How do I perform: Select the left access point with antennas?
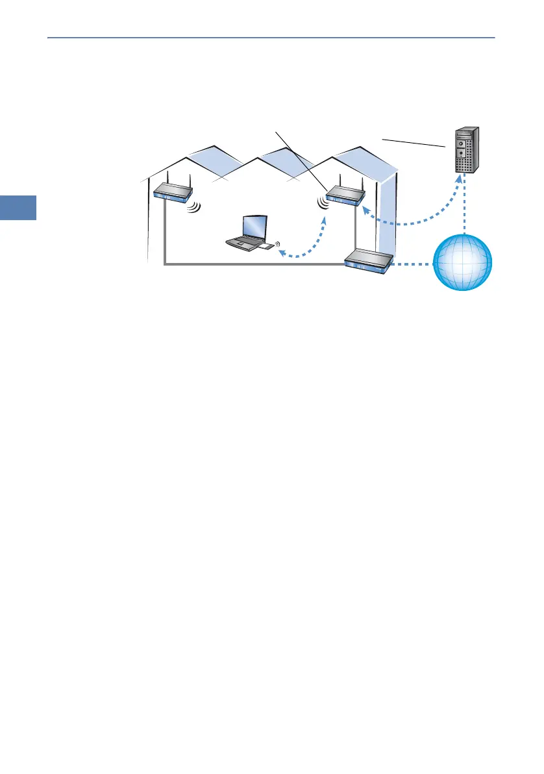click(x=173, y=192)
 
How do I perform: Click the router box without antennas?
click(x=369, y=261)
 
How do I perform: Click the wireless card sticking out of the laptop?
click(x=267, y=247)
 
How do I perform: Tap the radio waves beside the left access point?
click(x=195, y=207)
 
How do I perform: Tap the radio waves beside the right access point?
click(x=322, y=203)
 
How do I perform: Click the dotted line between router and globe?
click(x=412, y=264)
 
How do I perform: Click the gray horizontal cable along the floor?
click(x=253, y=264)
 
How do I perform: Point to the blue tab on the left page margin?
click(x=18, y=208)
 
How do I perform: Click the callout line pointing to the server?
click(x=412, y=143)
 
